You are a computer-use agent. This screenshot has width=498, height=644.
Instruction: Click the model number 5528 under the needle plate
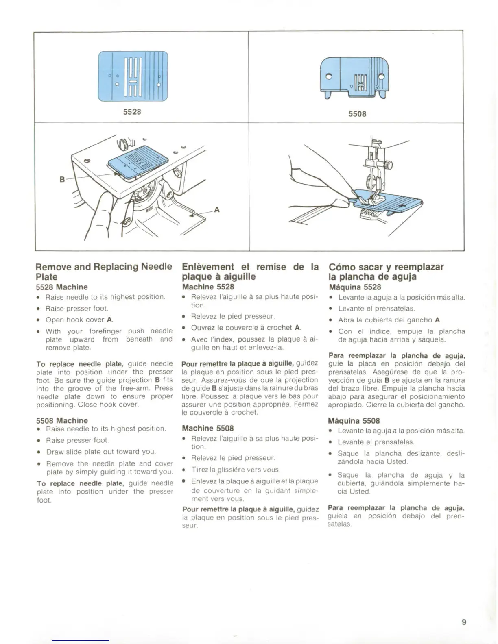[132, 111]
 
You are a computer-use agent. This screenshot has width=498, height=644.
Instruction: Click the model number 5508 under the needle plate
[357, 114]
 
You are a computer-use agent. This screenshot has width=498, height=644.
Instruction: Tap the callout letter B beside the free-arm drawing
[62, 179]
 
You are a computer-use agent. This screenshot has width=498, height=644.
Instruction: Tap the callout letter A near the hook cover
[217, 210]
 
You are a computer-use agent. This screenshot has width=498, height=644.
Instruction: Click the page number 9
[464, 622]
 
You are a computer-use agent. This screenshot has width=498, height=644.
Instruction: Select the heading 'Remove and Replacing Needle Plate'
[104, 272]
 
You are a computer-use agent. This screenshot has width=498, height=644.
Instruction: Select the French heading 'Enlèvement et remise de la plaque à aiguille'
[250, 272]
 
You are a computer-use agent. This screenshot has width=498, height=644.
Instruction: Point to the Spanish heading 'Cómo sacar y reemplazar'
[386, 267]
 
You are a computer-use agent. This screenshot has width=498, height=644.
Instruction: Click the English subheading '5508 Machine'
[62, 420]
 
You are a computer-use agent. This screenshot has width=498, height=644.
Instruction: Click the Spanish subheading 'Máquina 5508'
[354, 421]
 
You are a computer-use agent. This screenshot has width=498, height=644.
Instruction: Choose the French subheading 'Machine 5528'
[208, 287]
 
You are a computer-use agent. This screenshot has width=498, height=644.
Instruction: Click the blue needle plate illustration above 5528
[133, 76]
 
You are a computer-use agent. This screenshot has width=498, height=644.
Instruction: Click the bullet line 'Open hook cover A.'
[79, 320]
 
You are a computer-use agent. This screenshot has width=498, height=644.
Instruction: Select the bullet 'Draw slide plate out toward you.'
[101, 452]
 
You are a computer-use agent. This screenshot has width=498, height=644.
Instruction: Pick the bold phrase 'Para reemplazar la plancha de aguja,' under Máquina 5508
[396, 508]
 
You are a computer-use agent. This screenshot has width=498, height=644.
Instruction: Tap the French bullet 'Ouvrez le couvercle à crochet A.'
[246, 327]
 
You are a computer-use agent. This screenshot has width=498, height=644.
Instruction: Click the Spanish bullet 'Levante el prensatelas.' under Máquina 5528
[376, 309]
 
